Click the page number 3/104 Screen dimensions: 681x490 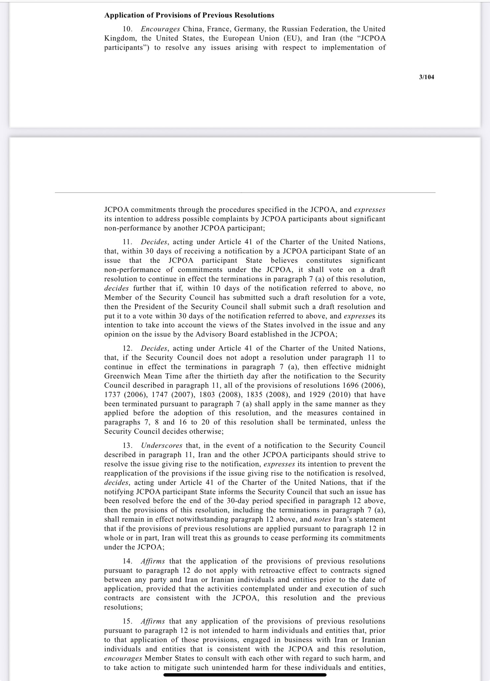click(x=427, y=77)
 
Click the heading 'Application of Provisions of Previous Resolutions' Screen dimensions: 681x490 click(x=189, y=15)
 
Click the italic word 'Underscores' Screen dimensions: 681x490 click(x=162, y=446)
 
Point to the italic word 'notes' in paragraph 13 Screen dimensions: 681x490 click(x=322, y=519)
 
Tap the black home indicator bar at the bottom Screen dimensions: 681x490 click(x=245, y=675)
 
